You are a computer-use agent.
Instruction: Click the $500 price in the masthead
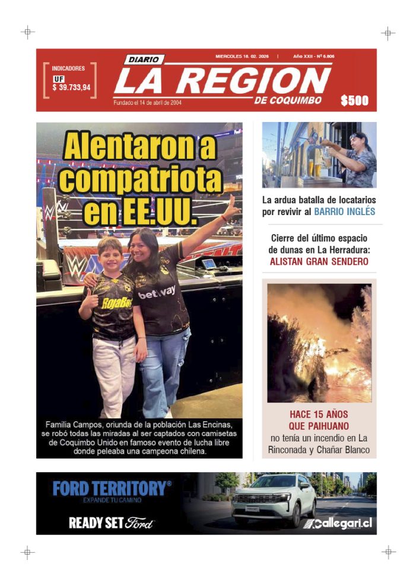[x=354, y=101]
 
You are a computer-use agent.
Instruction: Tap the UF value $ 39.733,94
[x=71, y=88]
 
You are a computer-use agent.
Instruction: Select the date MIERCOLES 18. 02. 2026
[x=242, y=57]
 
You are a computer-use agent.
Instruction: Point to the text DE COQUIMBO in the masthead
[x=288, y=101]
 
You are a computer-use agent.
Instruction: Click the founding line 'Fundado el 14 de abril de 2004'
[x=148, y=102]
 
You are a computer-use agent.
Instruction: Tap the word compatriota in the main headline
[x=140, y=179]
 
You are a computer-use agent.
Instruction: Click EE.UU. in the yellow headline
[x=140, y=212]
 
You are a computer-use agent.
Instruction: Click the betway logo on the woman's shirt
[x=157, y=292]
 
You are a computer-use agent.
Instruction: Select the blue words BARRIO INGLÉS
[x=345, y=212]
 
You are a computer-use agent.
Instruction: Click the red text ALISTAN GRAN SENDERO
[x=319, y=261]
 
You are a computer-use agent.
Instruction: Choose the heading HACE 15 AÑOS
[x=319, y=414]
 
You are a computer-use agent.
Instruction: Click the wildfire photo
[x=319, y=342]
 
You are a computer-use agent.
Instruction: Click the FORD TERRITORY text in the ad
[x=112, y=489]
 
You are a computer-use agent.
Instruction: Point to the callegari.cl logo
[x=338, y=524]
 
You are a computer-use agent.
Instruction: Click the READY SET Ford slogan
[x=112, y=523]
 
